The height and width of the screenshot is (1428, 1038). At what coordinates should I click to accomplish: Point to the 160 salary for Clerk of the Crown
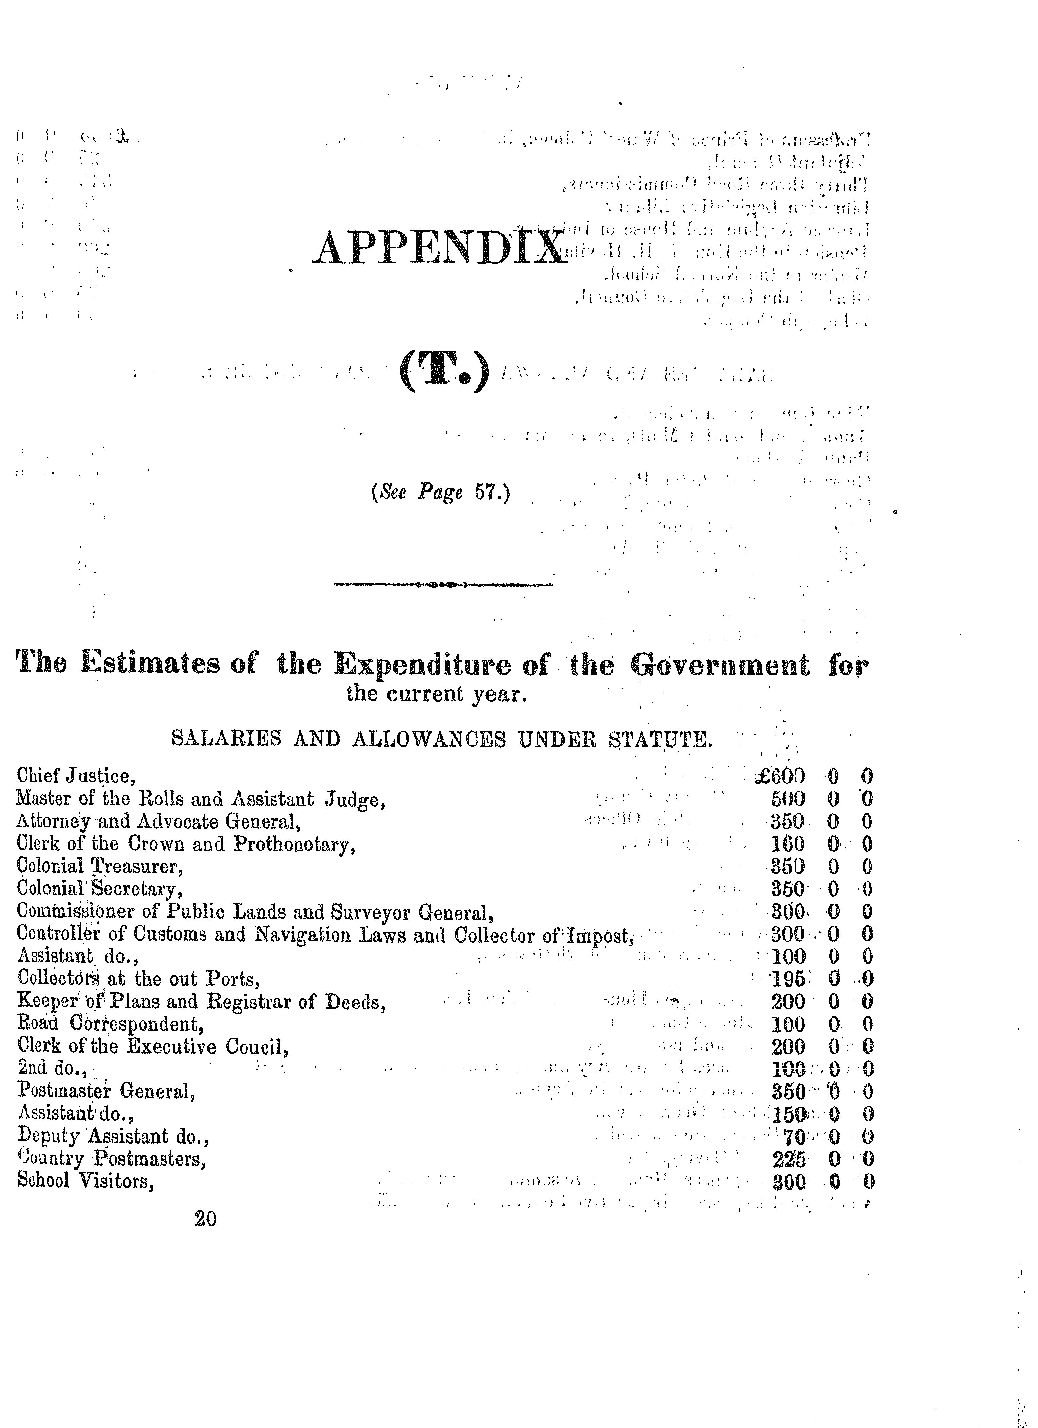pyautogui.click(x=787, y=844)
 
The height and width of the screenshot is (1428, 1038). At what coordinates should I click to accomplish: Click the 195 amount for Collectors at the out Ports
pyautogui.click(x=788, y=979)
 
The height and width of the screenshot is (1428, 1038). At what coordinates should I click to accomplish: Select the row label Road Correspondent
pyautogui.click(x=111, y=1024)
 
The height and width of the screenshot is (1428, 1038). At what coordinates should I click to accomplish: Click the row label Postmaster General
pyautogui.click(x=106, y=1091)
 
